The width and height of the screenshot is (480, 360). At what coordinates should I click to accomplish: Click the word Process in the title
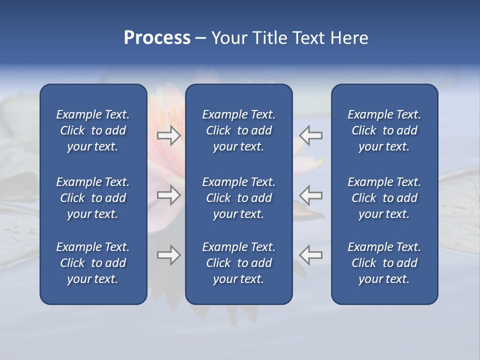click(x=157, y=38)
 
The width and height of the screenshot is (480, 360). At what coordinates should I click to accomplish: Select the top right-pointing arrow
click(x=168, y=135)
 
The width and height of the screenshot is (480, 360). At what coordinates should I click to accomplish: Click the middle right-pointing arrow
click(x=168, y=195)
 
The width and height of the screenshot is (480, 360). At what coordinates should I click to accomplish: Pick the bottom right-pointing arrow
click(x=168, y=255)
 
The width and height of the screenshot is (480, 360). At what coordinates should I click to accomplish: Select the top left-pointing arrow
click(x=311, y=135)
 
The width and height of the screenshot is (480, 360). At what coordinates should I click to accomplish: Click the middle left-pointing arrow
click(x=311, y=195)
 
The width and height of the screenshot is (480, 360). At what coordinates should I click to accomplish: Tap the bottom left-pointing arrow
click(x=311, y=255)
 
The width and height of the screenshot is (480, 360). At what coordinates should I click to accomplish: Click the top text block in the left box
click(x=93, y=130)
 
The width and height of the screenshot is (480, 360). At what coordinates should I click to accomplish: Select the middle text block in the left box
click(x=93, y=198)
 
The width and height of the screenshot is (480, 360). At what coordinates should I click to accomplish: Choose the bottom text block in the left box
click(x=93, y=263)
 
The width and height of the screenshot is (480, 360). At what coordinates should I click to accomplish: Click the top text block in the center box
click(x=238, y=130)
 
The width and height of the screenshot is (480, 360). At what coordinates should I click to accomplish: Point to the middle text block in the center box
click(x=238, y=198)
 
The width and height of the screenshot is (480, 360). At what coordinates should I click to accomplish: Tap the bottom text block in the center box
click(x=238, y=263)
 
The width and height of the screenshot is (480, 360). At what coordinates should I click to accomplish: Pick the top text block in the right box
click(x=384, y=130)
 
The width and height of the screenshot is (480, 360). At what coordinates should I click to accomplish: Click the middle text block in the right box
click(x=384, y=198)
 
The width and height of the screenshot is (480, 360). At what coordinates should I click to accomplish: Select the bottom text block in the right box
click(x=384, y=263)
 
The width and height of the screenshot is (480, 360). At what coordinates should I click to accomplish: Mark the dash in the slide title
click(x=200, y=38)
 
